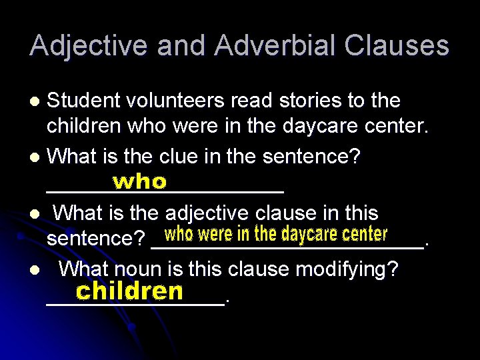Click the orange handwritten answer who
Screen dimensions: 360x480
pyautogui.click(x=139, y=181)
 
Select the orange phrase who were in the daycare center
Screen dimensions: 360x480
pyautogui.click(x=276, y=235)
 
